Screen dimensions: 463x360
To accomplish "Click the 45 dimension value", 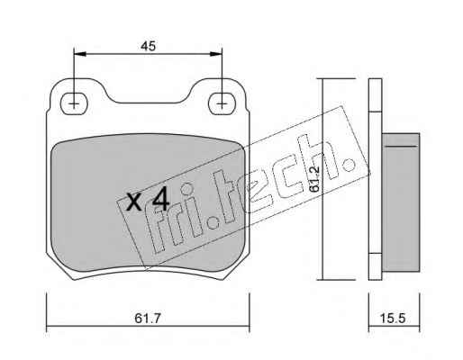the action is click(148, 46).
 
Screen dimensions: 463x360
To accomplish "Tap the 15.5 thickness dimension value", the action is click(393, 318).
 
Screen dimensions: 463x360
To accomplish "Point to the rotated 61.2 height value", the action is click(314, 179).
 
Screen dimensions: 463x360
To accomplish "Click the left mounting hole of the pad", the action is click(74, 103).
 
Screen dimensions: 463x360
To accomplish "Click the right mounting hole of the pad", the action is click(222, 103).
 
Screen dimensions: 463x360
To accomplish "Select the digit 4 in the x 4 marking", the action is click(160, 201).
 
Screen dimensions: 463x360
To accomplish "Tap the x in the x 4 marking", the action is click(133, 202).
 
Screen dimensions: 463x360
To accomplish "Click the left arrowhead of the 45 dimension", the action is click(80, 54).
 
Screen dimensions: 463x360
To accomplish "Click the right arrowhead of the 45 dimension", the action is click(216, 54).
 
